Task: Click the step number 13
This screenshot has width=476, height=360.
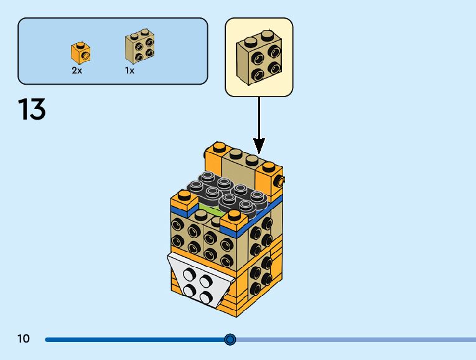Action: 32,110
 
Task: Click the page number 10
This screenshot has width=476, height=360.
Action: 24,339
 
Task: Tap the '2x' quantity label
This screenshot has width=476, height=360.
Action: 77,70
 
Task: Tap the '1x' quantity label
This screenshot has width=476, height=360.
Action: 129,70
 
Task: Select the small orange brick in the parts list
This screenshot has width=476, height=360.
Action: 80,53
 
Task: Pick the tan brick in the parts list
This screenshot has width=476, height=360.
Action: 140,46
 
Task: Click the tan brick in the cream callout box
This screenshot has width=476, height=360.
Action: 258,57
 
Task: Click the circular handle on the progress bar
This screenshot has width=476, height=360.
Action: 230,339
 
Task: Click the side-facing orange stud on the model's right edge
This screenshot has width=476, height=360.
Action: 281,181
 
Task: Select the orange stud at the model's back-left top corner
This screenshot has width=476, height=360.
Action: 218,148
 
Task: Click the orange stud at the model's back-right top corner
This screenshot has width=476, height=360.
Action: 268,166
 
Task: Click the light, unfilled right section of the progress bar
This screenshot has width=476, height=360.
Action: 355,339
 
